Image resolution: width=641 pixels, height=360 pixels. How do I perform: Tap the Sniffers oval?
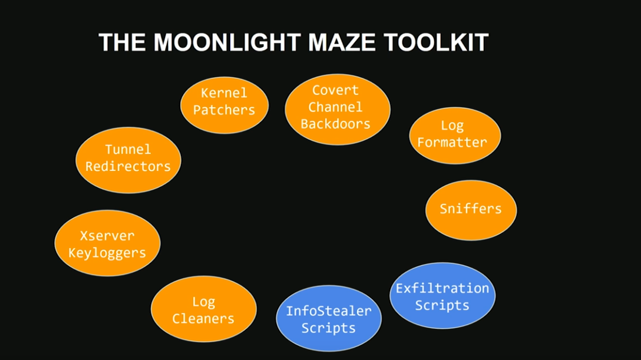[x=471, y=210]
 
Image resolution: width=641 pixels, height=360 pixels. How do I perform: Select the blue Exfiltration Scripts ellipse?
[x=442, y=296]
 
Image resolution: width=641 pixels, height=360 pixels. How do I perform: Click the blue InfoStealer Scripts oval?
[x=329, y=319]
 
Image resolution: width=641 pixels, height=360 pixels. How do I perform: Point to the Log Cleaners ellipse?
[x=204, y=310]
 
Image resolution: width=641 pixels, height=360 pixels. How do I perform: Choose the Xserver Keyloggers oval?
[x=107, y=243]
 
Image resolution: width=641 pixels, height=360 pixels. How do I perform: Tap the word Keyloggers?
[x=107, y=253]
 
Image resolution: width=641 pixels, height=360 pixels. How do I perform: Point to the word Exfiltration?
[x=442, y=288]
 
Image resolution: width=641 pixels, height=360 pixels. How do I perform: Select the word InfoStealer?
[x=329, y=311]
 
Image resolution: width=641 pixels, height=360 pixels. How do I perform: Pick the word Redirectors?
[x=128, y=166]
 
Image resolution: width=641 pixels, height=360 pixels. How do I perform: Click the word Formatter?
[x=452, y=142]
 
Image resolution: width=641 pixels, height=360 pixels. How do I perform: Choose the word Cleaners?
[x=203, y=319]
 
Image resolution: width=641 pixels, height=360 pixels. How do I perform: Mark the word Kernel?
[x=224, y=93]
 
